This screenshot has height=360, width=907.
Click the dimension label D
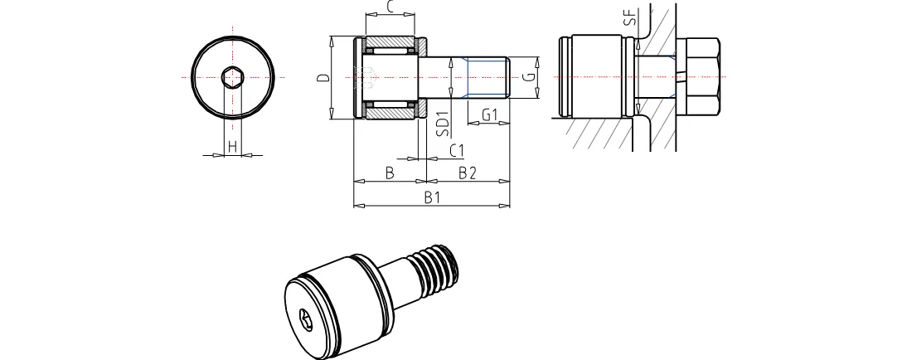[323, 78]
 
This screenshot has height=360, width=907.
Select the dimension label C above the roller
[390, 7]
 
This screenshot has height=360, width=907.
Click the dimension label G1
[489, 114]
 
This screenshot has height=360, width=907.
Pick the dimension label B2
[468, 173]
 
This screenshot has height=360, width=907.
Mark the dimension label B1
[431, 197]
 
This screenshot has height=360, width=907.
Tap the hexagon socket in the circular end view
[233, 77]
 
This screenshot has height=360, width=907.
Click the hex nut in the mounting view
[701, 77]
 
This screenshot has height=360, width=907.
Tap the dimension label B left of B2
[390, 173]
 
